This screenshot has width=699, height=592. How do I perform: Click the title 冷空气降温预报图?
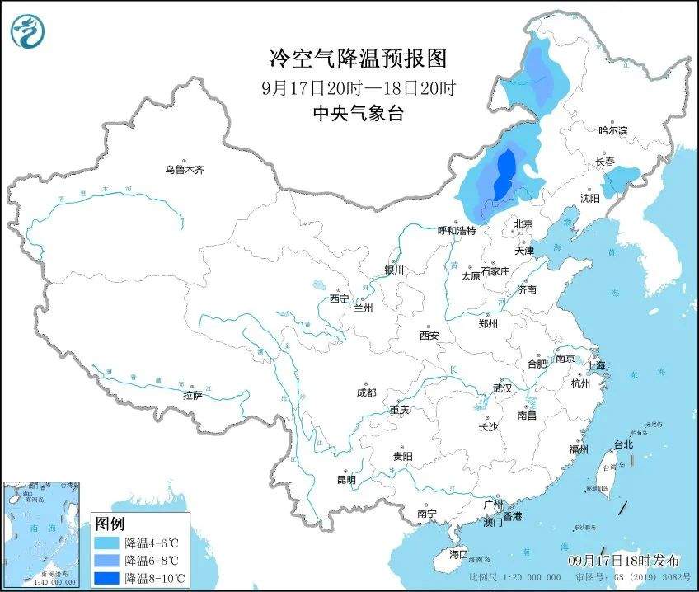pos(359,59)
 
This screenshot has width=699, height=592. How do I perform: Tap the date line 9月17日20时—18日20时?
pos(359,87)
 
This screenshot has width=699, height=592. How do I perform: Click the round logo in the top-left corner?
pos(27,31)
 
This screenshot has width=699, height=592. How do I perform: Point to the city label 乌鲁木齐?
pos(183,170)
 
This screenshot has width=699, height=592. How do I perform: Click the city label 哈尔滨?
pos(612,131)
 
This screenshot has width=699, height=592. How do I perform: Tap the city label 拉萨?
pos(193,396)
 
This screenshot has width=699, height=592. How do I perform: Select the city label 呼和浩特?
pos(456,231)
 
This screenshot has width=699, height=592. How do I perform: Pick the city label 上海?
pos(595,365)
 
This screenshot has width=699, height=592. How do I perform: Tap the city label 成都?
pos(367,393)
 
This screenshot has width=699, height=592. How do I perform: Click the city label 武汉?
pos(502,388)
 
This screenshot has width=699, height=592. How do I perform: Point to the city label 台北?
pos(624,444)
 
